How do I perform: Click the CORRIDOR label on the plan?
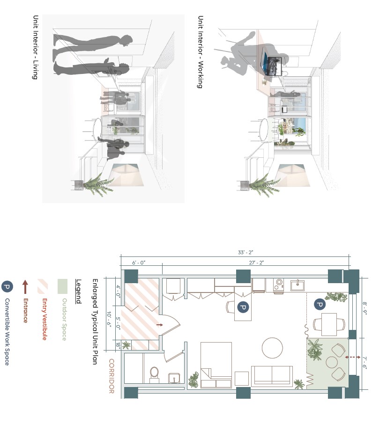point(112,376)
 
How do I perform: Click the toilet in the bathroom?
point(154,373)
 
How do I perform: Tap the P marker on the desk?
point(243,307)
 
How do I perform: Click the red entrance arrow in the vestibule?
point(159,324)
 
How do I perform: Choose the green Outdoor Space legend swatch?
point(63,285)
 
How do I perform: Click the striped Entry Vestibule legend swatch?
point(44,285)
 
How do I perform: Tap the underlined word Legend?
point(78,292)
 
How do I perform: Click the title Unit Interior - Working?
point(200,52)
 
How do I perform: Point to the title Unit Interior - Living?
point(35,47)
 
